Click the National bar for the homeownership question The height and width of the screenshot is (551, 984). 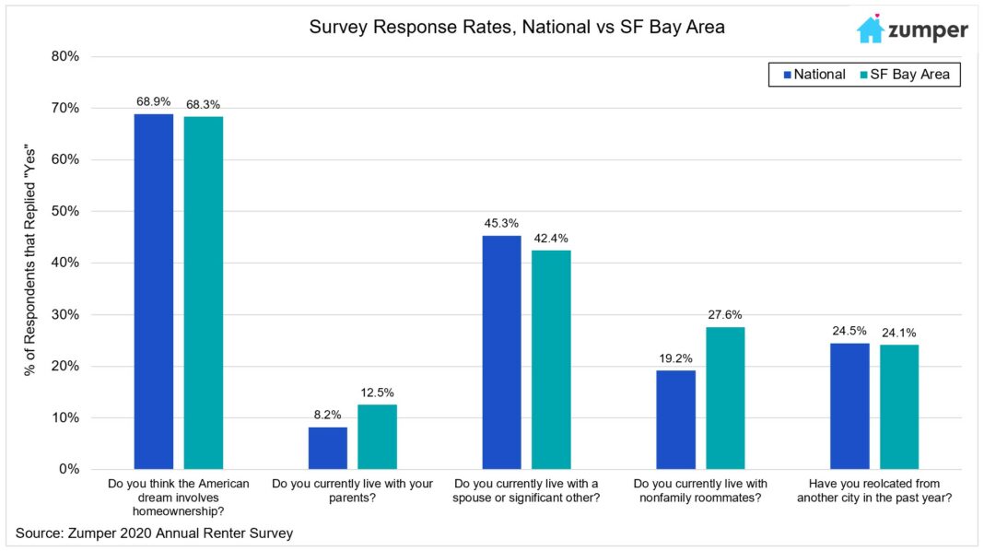point(153,291)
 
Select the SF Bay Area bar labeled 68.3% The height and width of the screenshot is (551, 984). point(203,293)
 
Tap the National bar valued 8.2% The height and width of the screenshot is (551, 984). point(327,448)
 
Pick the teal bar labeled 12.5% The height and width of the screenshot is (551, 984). point(377,437)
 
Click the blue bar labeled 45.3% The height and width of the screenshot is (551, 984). point(501,352)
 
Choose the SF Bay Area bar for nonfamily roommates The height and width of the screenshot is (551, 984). point(725,398)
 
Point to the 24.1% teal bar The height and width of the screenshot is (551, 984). point(898,406)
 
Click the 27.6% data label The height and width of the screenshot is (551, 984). point(725,314)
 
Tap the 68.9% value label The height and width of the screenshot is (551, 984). point(153,101)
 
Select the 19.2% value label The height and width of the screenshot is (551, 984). point(675,358)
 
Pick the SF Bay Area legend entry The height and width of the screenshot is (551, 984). point(908,75)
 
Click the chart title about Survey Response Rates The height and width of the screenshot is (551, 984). point(517,28)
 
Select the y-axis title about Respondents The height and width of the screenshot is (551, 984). point(30,263)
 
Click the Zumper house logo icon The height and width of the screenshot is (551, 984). point(870,29)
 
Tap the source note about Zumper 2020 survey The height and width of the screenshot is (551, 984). point(155,533)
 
